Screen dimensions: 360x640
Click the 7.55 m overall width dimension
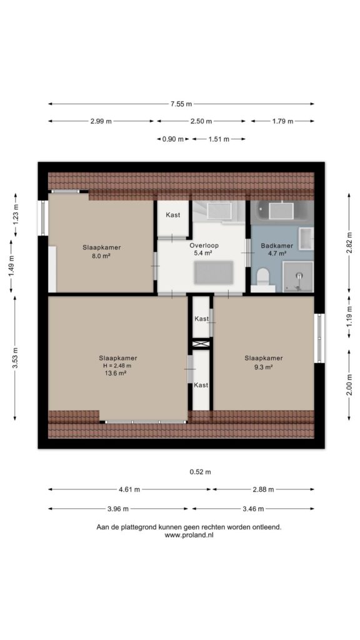181,104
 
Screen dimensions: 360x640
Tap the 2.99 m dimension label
101,121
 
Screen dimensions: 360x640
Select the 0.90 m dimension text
172,139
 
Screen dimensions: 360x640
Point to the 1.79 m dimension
283,121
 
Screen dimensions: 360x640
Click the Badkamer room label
277,246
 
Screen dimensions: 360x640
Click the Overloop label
204,246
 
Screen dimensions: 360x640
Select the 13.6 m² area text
115,372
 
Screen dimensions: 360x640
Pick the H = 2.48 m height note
117,366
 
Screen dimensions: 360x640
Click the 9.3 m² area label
263,366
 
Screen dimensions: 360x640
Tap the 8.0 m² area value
102,256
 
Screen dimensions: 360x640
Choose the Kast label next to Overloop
172,215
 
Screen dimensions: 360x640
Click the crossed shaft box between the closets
201,344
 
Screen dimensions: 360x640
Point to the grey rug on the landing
214,272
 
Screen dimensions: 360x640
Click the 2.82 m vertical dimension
349,242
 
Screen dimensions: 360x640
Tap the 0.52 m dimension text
201,472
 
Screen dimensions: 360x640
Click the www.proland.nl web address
189,535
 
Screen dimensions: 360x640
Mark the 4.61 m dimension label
129,489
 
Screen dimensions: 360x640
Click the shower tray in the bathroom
298,277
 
